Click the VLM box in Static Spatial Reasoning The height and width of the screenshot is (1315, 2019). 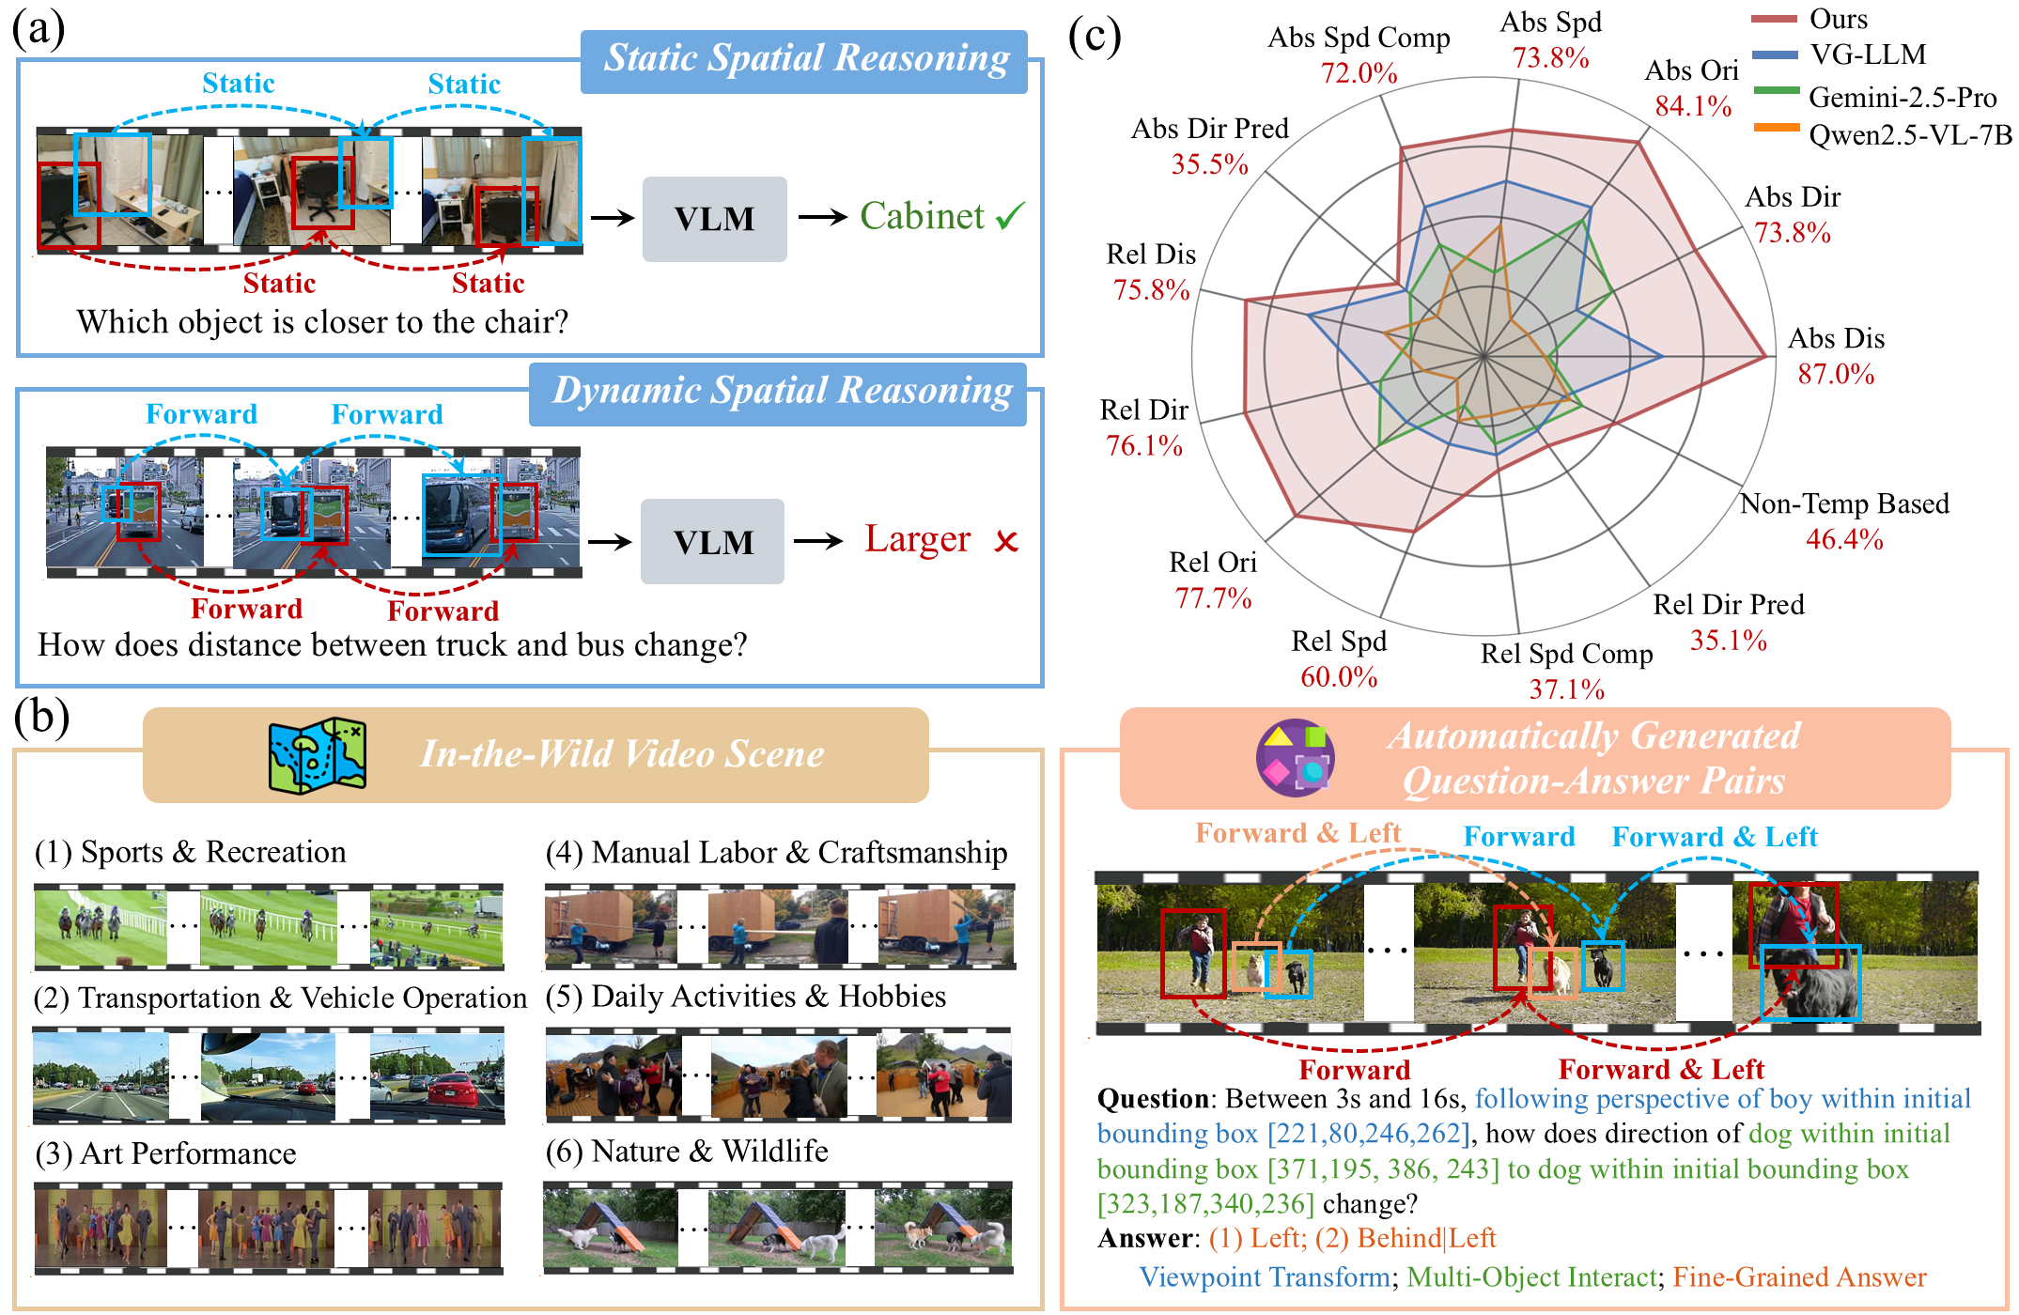pos(714,219)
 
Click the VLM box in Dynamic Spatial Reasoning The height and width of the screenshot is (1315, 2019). pos(712,541)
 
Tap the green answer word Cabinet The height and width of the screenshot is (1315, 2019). pos(922,216)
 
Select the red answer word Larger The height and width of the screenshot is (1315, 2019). pos(917,539)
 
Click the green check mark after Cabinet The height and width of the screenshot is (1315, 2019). pos(1010,216)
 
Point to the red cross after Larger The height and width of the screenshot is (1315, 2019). pos(1006,541)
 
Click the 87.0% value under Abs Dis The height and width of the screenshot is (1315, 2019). pos(1836,374)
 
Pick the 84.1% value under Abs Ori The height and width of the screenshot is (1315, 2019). pos(1693,105)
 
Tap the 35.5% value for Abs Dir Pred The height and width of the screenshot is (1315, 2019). pos(1209,163)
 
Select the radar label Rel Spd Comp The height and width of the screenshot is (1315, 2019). pos(1566,653)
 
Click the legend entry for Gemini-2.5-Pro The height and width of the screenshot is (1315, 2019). pos(1874,97)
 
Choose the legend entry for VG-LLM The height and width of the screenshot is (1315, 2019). pos(1840,54)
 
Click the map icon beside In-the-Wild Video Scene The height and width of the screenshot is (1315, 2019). pos(318,755)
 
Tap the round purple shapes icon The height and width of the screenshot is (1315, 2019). pos(1296,757)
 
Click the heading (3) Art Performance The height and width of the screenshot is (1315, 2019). pos(165,1153)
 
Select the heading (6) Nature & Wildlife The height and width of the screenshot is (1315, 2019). pos(687,1151)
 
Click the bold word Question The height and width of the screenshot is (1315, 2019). pos(1153,1098)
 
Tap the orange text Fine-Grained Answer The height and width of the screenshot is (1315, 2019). pos(1799,1276)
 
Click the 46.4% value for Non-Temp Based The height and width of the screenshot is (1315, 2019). pos(1844,539)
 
